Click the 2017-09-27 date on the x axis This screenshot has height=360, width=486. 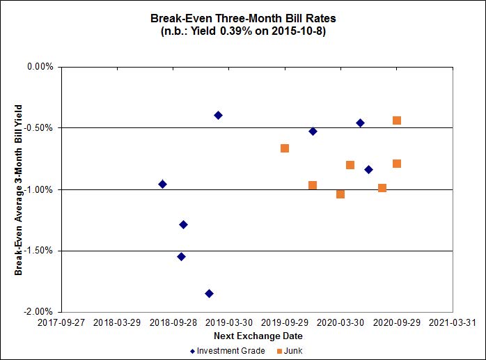pos(61,323)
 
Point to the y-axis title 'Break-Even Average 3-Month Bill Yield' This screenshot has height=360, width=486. pos(19,189)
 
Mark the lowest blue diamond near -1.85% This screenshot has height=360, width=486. pos(209,294)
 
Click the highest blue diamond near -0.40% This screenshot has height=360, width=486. pos(218,115)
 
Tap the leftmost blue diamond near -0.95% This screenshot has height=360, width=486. pos(162,184)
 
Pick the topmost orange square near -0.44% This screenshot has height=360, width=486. pos(397,120)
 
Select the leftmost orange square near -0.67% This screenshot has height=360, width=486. pos(285,148)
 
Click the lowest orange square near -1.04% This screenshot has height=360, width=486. pos(340,194)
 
